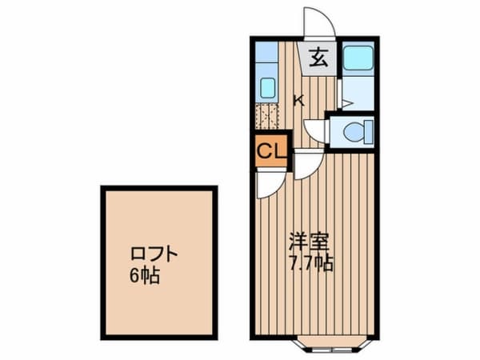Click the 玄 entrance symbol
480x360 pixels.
pyautogui.click(x=318, y=58)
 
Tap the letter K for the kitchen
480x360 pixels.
pyautogui.click(x=298, y=101)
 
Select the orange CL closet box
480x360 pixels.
pyautogui.click(x=269, y=150)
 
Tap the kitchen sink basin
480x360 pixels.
pyautogui.click(x=267, y=86)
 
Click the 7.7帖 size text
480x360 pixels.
pyautogui.click(x=311, y=263)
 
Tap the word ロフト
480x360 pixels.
pyautogui.click(x=154, y=257)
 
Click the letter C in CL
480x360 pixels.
pyautogui.click(x=263, y=150)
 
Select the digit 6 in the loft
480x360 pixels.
pyautogui.click(x=134, y=277)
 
